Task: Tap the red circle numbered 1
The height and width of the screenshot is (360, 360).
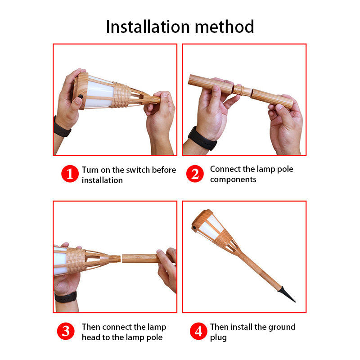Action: point(70,174)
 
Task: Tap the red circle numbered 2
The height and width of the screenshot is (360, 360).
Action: point(195,174)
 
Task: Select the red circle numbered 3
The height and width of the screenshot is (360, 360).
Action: point(66,332)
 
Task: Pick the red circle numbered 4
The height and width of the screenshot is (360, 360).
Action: point(198,332)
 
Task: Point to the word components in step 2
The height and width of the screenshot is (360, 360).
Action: point(233,180)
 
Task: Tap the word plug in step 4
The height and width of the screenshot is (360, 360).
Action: point(218,337)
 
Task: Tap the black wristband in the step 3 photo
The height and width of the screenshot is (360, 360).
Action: point(66,297)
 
